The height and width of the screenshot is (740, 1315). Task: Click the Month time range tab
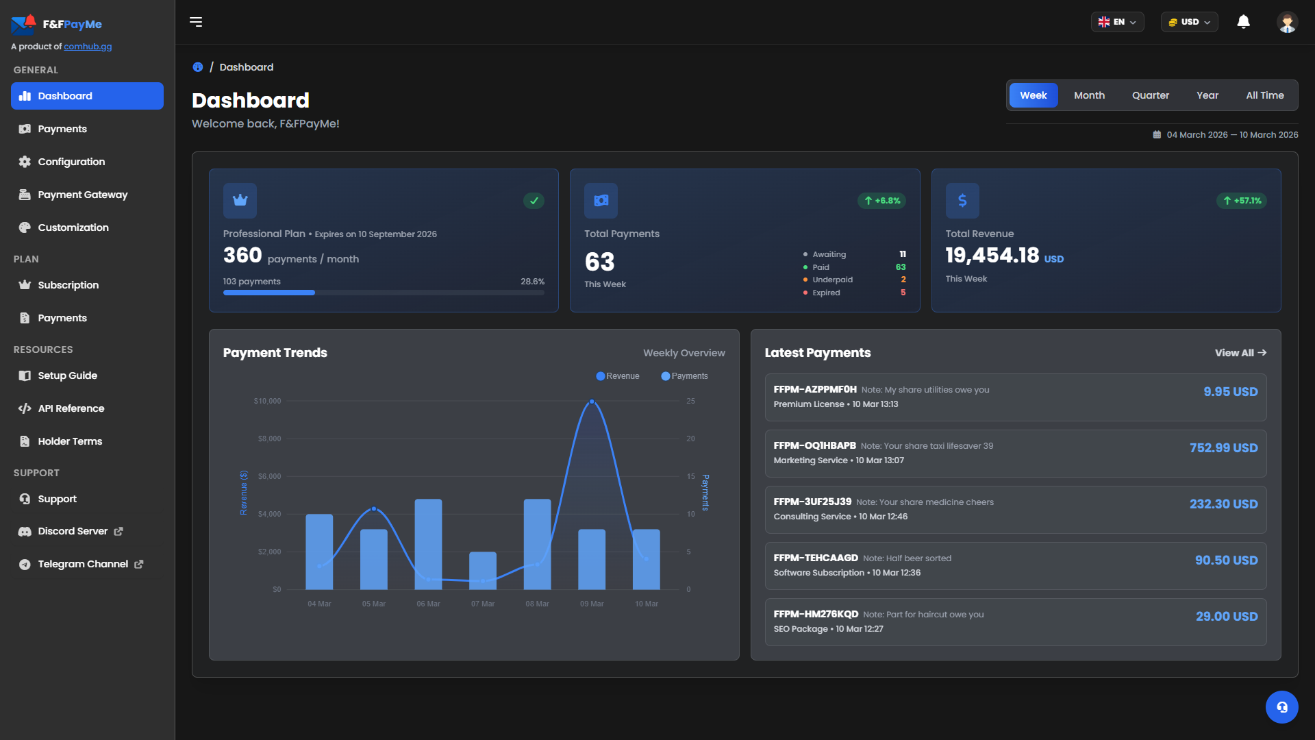(1089, 95)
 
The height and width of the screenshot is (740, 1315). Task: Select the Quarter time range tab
(1150, 95)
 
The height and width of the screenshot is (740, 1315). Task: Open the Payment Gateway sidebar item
(82, 195)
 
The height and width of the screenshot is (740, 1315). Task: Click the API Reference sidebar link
(71, 408)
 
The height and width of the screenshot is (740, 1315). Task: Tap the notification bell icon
(1243, 22)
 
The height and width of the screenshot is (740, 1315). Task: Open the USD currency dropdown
(1189, 22)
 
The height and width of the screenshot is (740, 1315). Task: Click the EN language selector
(1117, 22)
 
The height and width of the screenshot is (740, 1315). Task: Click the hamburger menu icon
(196, 22)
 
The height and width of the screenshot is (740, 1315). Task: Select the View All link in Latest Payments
(1240, 353)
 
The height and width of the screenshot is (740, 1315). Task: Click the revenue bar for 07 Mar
(483, 570)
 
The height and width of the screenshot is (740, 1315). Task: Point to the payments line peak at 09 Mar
(592, 402)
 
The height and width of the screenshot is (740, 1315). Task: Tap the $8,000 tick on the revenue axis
(269, 439)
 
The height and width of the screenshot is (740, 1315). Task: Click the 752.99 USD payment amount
(1223, 447)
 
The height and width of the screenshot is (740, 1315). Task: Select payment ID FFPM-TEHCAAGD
(815, 558)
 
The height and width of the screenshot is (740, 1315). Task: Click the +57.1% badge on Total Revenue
(1242, 201)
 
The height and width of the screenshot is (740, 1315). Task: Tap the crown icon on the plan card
(240, 200)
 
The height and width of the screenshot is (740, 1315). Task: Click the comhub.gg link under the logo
(88, 47)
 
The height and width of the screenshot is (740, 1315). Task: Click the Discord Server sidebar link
(73, 531)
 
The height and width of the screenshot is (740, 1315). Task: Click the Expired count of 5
(903, 293)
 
